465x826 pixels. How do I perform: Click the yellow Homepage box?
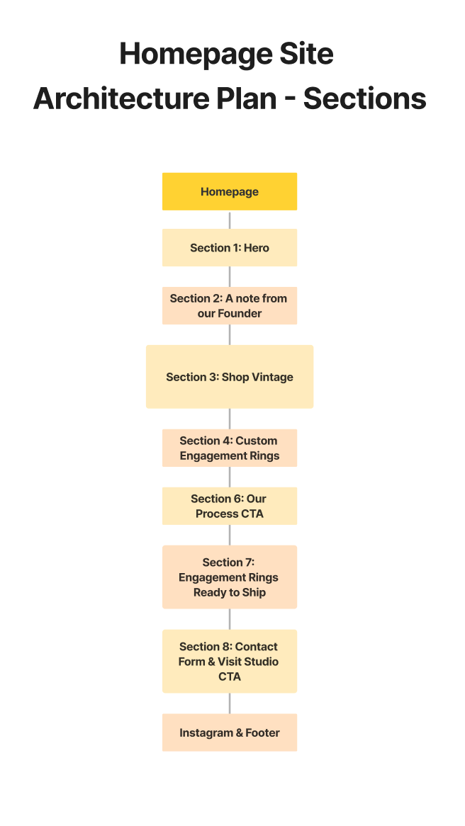pos(230,192)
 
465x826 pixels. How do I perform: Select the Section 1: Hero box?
pos(230,248)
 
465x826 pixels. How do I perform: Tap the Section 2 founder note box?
pos(230,305)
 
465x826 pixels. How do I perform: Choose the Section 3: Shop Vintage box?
pos(230,377)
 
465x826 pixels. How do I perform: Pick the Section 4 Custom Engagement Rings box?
pos(230,448)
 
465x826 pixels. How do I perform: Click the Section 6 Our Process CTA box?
pos(230,506)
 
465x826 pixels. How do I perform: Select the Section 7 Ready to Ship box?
pos(230,577)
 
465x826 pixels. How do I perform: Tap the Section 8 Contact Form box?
pos(230,661)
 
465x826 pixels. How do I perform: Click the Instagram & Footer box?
pos(230,732)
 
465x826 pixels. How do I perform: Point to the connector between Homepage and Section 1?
pos(230,220)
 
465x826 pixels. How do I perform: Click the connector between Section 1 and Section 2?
pos(230,276)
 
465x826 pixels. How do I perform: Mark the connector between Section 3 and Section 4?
pos(230,419)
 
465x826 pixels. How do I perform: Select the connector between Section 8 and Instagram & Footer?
pos(230,703)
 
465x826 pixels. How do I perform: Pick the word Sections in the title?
pos(365,98)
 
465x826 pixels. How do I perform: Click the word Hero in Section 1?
pos(256,248)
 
